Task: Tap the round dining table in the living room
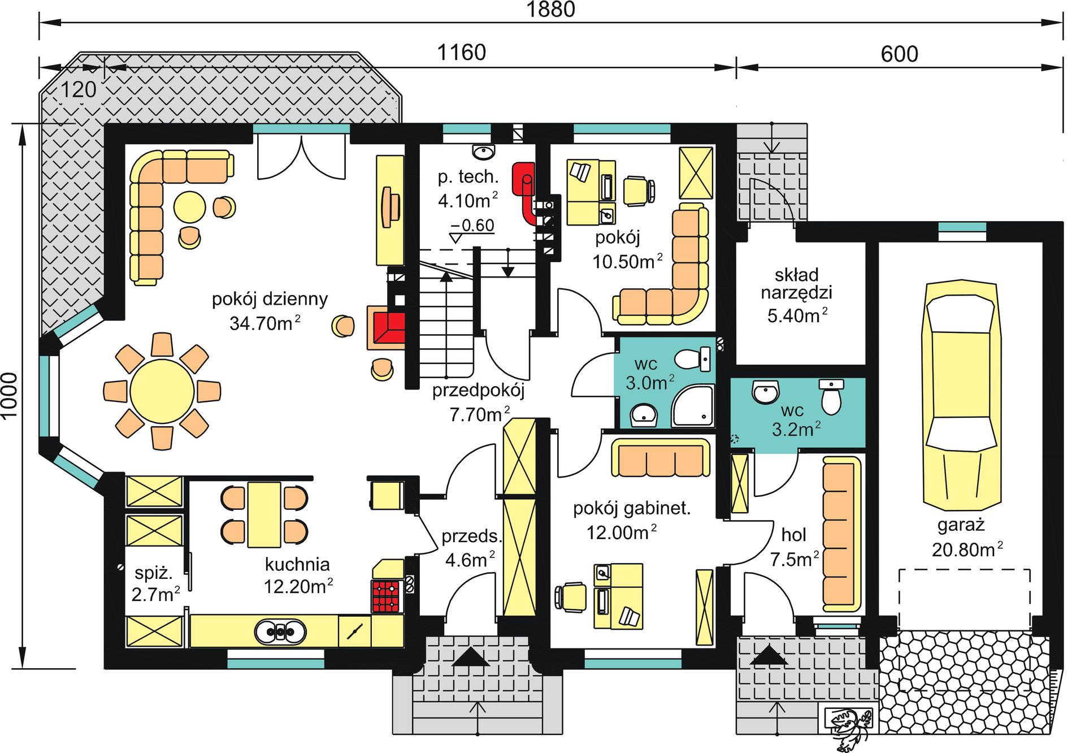(x=162, y=391)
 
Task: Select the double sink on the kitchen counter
(x=280, y=632)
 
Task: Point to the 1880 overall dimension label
(x=550, y=10)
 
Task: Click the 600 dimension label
(x=899, y=54)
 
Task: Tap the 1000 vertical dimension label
(x=10, y=396)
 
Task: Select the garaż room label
(x=961, y=525)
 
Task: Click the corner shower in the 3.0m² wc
(x=693, y=405)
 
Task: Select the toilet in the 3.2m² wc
(x=831, y=397)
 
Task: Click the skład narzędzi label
(x=796, y=284)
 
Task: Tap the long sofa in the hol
(x=841, y=534)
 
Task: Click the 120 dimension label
(x=78, y=89)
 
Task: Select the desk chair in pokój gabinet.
(x=571, y=597)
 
